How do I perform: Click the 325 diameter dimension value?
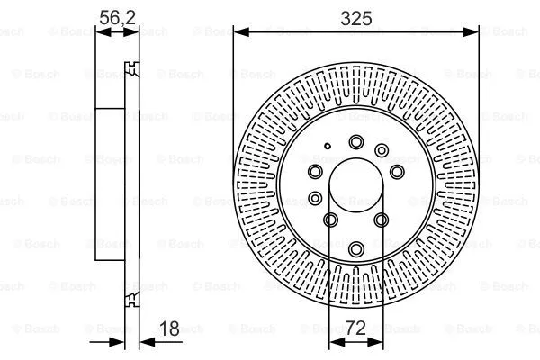(355, 15)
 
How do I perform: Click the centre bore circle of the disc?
(355, 189)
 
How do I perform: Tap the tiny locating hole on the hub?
(329, 146)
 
